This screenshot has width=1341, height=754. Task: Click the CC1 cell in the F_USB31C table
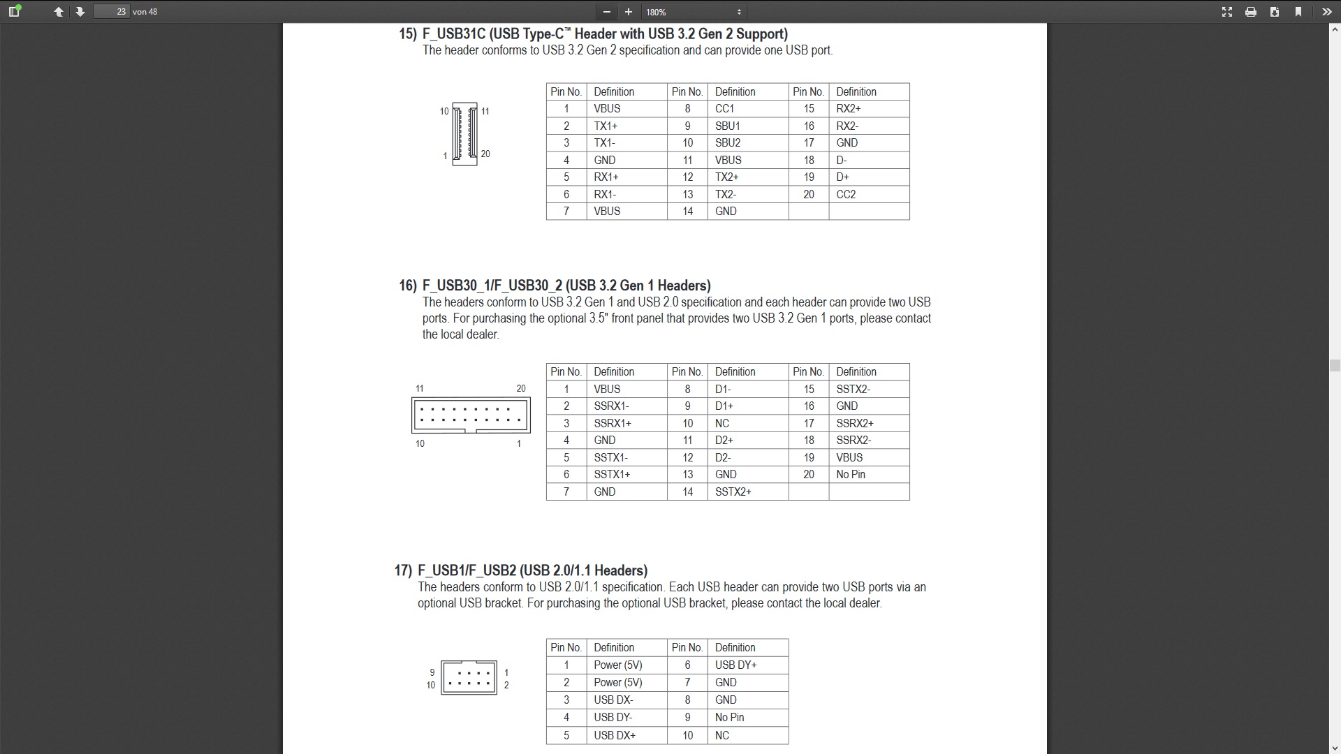coord(725,109)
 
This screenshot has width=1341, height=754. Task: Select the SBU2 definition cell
coord(728,143)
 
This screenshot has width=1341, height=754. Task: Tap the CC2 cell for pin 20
coord(846,195)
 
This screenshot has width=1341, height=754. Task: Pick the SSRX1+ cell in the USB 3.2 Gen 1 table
coord(613,424)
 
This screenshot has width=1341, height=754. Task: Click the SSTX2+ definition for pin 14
coord(733,492)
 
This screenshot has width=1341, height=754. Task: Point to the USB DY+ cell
coord(735,665)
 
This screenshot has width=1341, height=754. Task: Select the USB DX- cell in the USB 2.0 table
coord(613,700)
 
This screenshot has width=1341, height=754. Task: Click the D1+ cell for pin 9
coord(724,406)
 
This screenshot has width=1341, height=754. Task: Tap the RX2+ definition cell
coord(849,109)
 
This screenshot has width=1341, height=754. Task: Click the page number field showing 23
coord(112,12)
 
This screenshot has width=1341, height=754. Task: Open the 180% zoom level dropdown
coord(694,12)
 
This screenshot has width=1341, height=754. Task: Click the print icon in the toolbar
coord(1251,12)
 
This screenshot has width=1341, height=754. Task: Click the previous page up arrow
coord(59,12)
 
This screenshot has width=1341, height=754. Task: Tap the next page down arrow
coord(80,12)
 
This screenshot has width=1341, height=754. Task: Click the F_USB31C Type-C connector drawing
coord(464,133)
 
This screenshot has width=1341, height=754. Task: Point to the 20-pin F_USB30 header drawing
coord(471,415)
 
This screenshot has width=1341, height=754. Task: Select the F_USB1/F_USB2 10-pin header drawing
coord(469,677)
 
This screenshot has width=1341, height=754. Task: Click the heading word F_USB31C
coord(453,34)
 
